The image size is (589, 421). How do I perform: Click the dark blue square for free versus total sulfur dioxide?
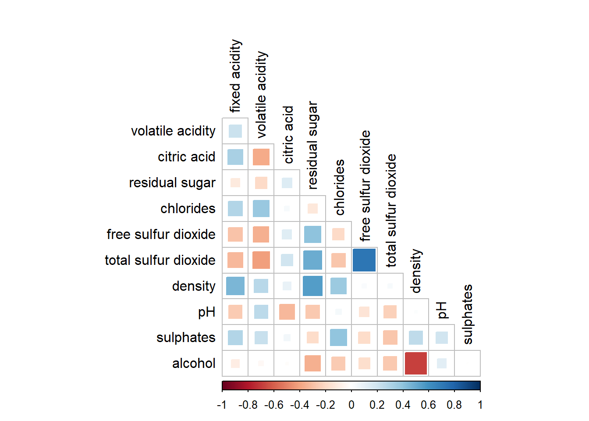pyautogui.click(x=364, y=260)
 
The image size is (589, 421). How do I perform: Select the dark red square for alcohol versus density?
pyautogui.click(x=416, y=363)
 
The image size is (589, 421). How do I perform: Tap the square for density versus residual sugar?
pyautogui.click(x=312, y=286)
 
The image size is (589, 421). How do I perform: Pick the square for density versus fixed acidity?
pyautogui.click(x=235, y=286)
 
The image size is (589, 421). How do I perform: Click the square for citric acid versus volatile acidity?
pyautogui.click(x=261, y=157)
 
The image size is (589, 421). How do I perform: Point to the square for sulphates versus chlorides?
pyautogui.click(x=338, y=338)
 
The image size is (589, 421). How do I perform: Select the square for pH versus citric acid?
pyautogui.click(x=287, y=312)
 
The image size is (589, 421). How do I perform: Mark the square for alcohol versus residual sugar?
pyautogui.click(x=312, y=363)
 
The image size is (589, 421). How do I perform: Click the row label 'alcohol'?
pyautogui.click(x=194, y=363)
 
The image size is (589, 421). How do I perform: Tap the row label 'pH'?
pyautogui.click(x=206, y=312)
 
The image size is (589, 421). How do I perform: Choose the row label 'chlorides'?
pyautogui.click(x=188, y=208)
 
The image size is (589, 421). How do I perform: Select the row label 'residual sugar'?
pyautogui.click(x=172, y=183)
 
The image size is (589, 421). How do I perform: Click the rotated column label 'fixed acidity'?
pyautogui.click(x=236, y=76)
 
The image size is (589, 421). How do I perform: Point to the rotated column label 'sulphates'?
pyautogui.click(x=468, y=314)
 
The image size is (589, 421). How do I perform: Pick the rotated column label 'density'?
pyautogui.click(x=416, y=271)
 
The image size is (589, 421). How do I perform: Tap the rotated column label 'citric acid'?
pyautogui.click(x=288, y=135)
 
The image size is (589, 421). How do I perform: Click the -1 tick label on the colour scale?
pyautogui.click(x=222, y=405)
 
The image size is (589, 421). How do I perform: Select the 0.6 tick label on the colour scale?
pyautogui.click(x=428, y=405)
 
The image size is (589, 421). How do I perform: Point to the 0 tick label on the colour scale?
pyautogui.click(x=351, y=405)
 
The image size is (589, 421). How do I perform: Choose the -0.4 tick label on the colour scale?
pyautogui.click(x=299, y=405)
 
